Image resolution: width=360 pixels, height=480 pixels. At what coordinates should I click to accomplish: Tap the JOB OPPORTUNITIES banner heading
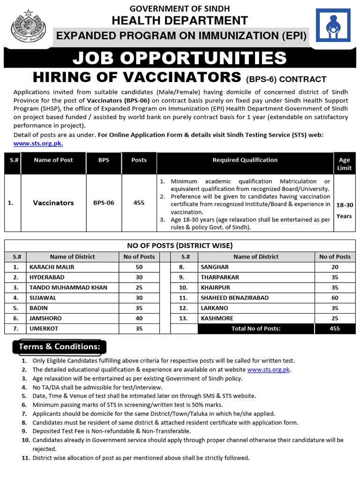(180, 59)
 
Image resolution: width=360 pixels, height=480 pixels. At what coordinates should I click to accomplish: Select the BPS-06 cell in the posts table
(104, 203)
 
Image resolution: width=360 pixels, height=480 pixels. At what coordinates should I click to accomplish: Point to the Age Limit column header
(344, 164)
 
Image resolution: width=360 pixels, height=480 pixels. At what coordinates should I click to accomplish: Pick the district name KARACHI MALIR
(52, 267)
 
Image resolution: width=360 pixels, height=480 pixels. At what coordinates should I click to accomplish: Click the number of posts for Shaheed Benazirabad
(335, 298)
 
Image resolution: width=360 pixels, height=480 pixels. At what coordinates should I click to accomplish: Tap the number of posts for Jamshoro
(139, 318)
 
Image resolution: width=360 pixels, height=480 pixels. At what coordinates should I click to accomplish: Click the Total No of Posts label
(256, 329)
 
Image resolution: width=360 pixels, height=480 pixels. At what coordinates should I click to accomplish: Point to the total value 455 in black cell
(335, 329)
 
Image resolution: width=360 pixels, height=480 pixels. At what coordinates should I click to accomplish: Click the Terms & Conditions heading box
(59, 346)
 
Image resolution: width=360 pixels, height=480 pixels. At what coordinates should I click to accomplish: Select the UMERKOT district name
(44, 329)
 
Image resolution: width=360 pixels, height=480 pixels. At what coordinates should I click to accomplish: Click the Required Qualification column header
(245, 160)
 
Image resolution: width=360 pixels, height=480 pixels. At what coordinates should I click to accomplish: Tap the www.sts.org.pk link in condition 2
(269, 370)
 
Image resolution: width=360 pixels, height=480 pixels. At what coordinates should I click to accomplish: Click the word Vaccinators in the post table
(53, 203)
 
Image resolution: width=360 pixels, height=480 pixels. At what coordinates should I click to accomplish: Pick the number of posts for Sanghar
(335, 267)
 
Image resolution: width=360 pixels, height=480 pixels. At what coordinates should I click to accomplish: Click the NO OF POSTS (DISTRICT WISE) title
(180, 246)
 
